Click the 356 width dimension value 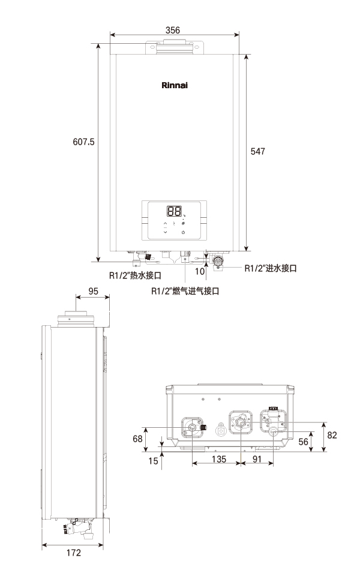(173, 30)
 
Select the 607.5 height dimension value (83, 142)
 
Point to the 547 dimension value (258, 151)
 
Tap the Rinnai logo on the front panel (175, 85)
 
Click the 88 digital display (174, 211)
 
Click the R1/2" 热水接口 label (135, 275)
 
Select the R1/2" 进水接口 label (271, 268)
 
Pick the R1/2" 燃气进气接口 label (185, 291)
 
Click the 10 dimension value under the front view (200, 271)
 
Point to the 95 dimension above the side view (93, 291)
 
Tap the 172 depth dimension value (73, 553)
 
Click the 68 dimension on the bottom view (137, 439)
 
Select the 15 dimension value (153, 461)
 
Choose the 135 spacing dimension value (218, 459)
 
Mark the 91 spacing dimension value (257, 459)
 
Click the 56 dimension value (303, 442)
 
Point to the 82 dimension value (332, 435)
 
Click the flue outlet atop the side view (76, 319)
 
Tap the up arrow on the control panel (165, 224)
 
